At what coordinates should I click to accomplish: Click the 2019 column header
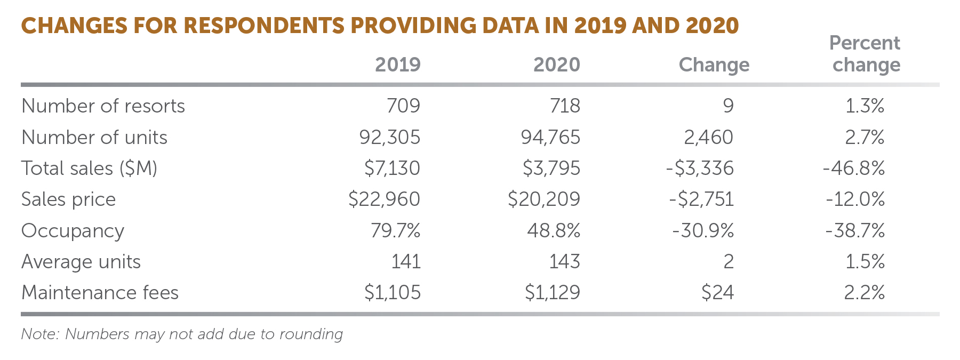[397, 65]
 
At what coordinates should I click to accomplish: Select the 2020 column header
[556, 65]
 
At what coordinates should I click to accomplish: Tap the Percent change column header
[865, 54]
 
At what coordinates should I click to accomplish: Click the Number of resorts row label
[103, 106]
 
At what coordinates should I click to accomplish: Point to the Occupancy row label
[73, 231]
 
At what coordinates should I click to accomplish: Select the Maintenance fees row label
[100, 293]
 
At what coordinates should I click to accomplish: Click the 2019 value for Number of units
[389, 138]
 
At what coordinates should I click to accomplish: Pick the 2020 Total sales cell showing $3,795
[551, 169]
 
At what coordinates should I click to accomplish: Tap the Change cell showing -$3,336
[700, 169]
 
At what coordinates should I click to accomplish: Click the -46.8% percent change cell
[854, 169]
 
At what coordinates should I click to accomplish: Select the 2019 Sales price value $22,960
[384, 199]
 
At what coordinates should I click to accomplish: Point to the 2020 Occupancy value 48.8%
[553, 231]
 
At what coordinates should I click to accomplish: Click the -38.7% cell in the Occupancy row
[855, 231]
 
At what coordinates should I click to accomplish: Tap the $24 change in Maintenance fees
[717, 293]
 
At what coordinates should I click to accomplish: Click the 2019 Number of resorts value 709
[403, 106]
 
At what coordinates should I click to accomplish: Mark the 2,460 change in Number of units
[708, 138]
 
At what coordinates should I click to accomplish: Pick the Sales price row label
[68, 199]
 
